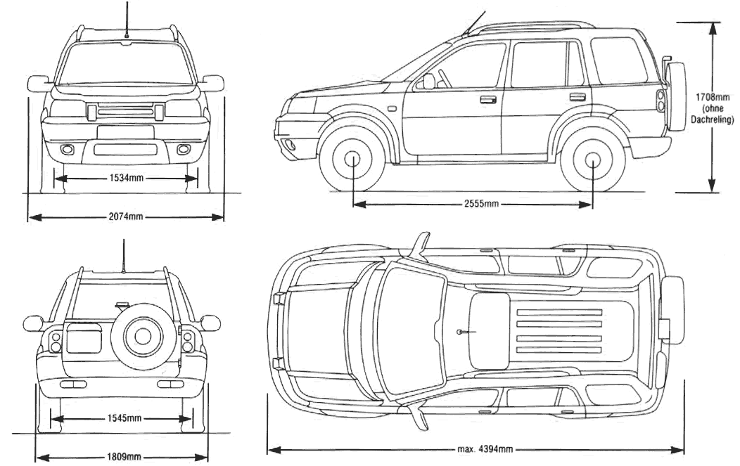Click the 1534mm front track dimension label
tap(127, 179)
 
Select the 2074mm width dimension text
tap(127, 217)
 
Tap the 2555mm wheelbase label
tap(481, 204)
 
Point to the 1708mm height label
tap(713, 97)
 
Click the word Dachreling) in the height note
tap(713, 119)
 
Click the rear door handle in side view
tap(578, 96)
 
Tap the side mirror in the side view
tap(428, 82)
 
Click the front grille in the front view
tap(126, 110)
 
